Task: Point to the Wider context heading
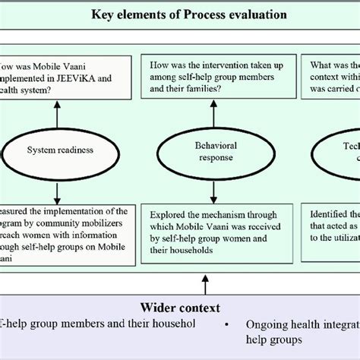[180, 308]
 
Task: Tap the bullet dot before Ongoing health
[229, 324]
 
